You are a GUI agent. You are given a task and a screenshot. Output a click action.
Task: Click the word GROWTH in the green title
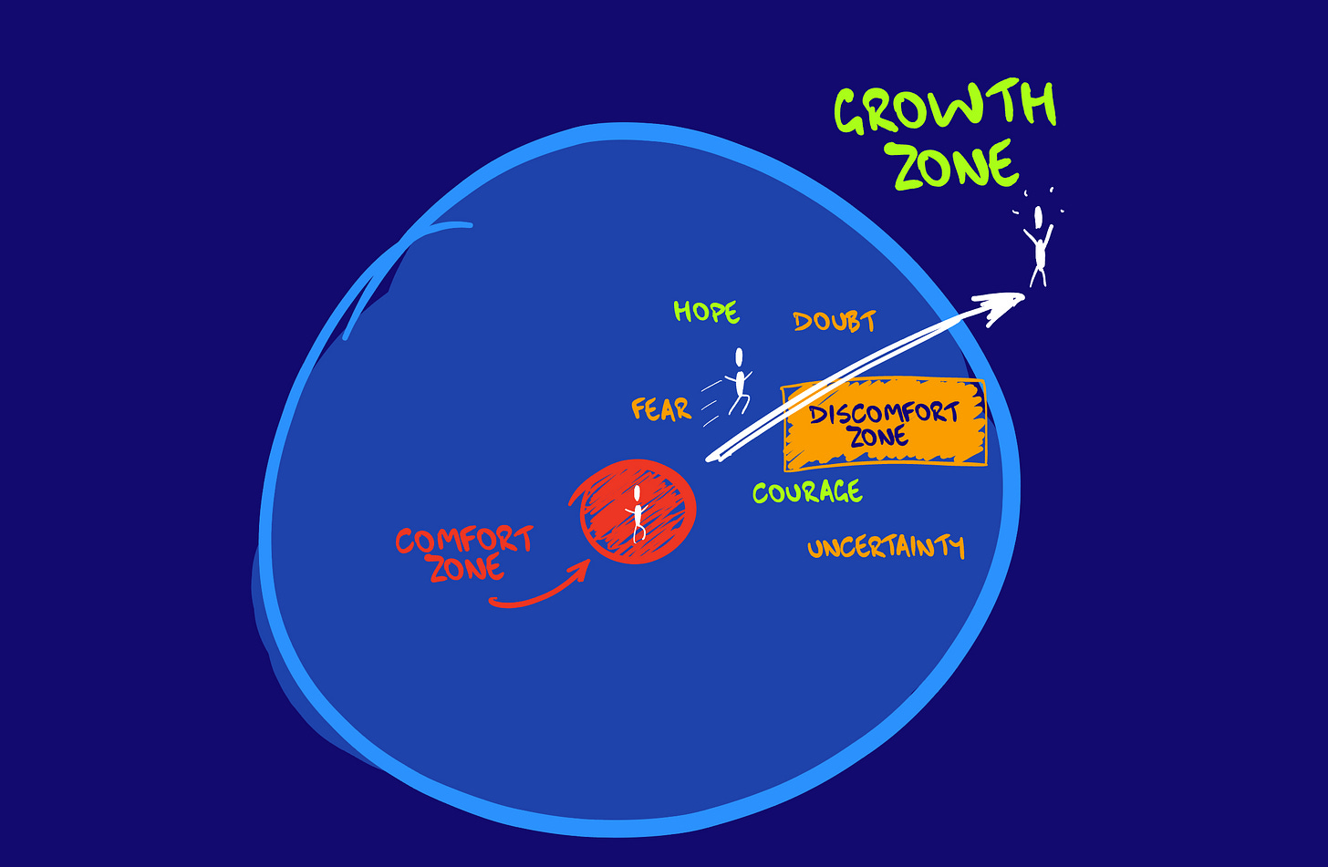945,108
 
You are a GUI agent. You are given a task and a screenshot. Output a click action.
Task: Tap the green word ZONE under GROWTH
954,166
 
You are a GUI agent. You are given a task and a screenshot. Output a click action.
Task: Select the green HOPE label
706,312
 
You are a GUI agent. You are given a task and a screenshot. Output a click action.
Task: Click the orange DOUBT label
834,321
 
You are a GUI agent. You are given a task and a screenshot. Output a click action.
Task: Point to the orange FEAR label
661,409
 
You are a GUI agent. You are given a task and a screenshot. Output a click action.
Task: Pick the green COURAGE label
806,492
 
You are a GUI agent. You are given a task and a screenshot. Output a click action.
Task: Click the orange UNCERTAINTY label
885,547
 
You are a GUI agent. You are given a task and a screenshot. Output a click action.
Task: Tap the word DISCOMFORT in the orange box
884,413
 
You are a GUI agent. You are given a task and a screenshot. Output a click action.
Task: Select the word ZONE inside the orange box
878,437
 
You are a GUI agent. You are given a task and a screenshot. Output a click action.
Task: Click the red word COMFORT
463,540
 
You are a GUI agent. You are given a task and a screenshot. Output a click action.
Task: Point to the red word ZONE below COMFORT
466,569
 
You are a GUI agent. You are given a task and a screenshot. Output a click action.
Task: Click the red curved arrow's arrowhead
578,570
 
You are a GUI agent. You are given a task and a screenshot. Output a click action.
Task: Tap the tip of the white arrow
1022,294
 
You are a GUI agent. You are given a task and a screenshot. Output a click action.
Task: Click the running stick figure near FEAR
739,383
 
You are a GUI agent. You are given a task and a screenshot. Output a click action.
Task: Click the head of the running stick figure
739,357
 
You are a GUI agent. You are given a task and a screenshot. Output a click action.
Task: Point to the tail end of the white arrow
710,458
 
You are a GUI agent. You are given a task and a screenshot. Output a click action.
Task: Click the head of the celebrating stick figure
1038,217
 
